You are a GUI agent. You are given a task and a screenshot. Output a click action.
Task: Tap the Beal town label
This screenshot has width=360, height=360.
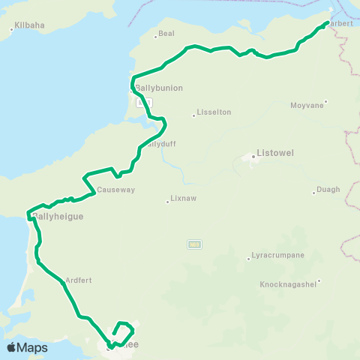coord(166,34)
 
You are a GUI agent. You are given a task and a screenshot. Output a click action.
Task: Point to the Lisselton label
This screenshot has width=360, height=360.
coord(214,112)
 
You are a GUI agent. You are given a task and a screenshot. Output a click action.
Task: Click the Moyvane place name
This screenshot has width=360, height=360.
coord(307,106)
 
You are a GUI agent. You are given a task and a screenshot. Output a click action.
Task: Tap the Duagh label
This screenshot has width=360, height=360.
coord(328,190)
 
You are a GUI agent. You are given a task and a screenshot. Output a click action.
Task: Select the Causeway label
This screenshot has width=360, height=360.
coord(115,190)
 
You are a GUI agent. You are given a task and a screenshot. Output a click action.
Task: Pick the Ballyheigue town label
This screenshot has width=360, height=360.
coord(58,216)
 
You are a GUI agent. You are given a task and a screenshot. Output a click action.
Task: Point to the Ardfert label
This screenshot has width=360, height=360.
coord(79,280)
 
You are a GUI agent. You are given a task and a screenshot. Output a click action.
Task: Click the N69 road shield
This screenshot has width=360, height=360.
coord(194,244)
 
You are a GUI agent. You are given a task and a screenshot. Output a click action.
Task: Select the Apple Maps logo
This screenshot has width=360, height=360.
coord(27,348)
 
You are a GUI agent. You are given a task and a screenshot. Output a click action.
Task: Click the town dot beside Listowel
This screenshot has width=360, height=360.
coord(253,157)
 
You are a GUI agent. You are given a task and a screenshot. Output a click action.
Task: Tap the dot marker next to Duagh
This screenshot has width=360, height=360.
coord(313,193)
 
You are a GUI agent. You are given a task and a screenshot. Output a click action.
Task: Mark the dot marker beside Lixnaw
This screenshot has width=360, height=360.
coord(167,201)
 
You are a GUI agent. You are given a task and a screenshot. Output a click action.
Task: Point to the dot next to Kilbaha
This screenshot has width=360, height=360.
coord(12,30)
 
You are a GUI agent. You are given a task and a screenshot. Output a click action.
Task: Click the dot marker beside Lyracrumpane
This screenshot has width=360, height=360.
coord(248,259)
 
